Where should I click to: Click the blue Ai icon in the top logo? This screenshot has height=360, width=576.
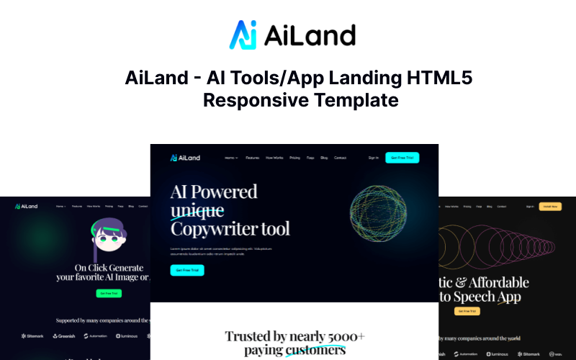pos(243,35)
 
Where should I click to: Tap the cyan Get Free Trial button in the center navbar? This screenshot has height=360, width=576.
pos(402,158)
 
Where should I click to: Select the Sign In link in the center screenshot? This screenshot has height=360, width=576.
pos(373,158)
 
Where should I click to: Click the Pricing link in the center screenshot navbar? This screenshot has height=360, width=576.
pos(295,158)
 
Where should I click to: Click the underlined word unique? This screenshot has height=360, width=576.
pos(197,211)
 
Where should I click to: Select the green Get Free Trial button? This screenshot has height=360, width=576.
pos(109,293)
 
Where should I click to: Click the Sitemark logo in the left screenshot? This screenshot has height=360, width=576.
pos(33,336)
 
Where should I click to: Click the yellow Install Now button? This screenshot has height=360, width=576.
pos(551,206)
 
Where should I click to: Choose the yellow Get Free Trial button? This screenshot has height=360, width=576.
pos(467,310)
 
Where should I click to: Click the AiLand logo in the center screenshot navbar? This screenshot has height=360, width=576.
pos(185,158)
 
